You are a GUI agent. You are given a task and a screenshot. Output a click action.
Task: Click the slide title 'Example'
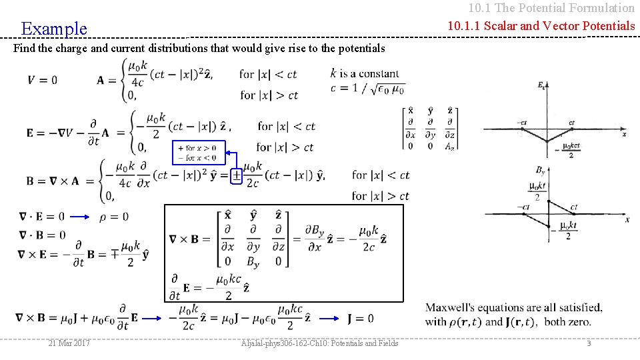click(54, 29)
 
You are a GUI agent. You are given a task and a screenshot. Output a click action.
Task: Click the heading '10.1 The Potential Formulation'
click(551, 8)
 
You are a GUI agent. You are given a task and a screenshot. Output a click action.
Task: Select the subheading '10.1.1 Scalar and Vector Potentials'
click(541, 26)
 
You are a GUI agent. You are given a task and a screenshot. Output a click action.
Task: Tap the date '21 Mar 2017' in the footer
click(70, 343)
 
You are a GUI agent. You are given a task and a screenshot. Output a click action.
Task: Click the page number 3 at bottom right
click(589, 343)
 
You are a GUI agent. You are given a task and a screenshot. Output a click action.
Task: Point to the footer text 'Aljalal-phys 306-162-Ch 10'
click(320, 343)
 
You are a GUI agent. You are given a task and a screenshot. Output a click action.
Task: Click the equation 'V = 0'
click(43, 80)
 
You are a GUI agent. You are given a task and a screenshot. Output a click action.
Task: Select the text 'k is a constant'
click(365, 73)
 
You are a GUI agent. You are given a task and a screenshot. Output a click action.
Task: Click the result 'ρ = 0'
click(114, 217)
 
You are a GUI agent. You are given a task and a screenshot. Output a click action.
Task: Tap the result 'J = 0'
click(361, 319)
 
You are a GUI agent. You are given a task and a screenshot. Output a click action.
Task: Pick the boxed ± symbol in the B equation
click(236, 175)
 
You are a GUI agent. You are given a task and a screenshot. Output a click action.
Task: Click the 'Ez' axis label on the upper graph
click(541, 85)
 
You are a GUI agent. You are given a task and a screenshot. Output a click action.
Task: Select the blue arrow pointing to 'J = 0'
click(327, 319)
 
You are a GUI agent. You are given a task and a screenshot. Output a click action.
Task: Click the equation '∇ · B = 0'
click(43, 235)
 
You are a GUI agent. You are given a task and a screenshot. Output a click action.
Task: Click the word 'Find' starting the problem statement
click(23, 48)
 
